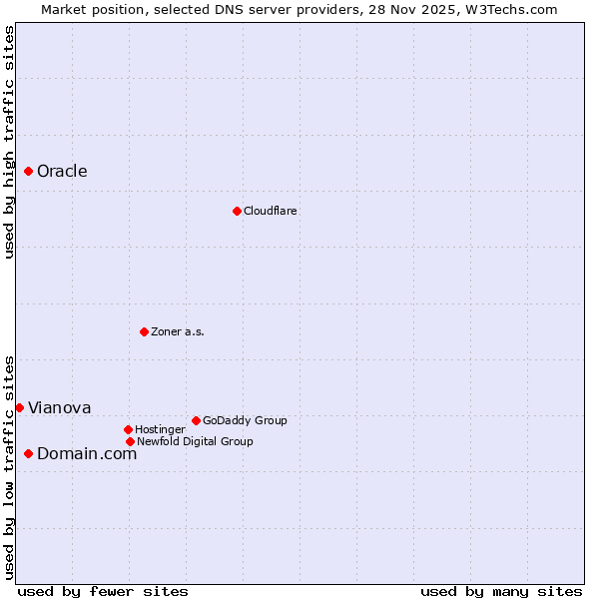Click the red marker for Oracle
[29, 171]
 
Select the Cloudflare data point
[237, 211]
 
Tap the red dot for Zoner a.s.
[144, 331]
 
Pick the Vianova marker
[19, 407]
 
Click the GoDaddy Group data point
[196, 420]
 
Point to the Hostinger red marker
[128, 429]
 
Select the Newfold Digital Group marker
[130, 441]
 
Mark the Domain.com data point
[29, 453]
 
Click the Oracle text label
[62, 171]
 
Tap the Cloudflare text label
[270, 211]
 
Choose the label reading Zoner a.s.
[178, 331]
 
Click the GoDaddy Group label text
[245, 420]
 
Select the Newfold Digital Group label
[195, 441]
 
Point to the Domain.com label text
[87, 453]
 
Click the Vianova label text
[59, 407]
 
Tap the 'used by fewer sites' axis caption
[103, 591]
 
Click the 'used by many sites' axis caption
[501, 591]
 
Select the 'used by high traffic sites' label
[9, 142]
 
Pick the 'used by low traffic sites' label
[9, 467]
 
